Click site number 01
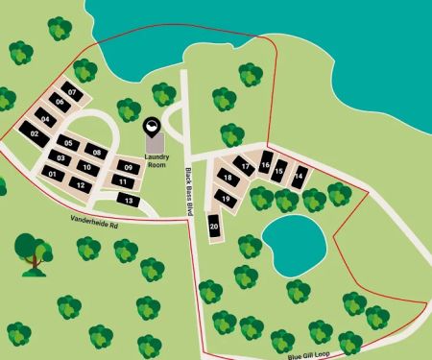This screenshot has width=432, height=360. pos(53,174)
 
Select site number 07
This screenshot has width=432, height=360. pos(72,92)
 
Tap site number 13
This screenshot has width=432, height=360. pos(129,200)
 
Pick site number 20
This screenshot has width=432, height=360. pos(214,227)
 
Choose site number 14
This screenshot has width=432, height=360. pos(300,176)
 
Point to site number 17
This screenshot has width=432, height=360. pos(246,166)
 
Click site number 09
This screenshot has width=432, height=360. pos(128,168)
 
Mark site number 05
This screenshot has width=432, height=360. pos(67,143)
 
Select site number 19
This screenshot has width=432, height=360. pos(226,198)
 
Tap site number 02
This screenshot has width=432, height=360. pos(35,133)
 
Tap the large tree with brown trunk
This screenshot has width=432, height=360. pos(34,252)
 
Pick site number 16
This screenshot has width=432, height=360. pos(265,165)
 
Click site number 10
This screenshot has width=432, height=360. pos(86,167)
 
